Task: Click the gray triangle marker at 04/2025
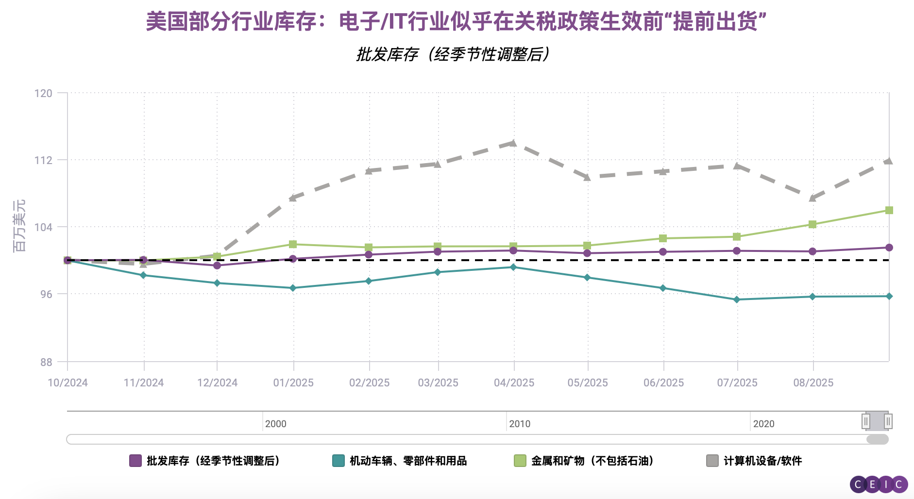(x=513, y=143)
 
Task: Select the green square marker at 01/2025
(x=293, y=244)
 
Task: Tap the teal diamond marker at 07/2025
(x=737, y=299)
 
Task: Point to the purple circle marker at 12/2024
(x=217, y=266)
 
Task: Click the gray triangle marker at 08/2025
(x=812, y=198)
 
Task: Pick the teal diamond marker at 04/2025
(x=513, y=267)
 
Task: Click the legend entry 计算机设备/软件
(x=762, y=461)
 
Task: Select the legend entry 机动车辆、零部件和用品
(x=407, y=461)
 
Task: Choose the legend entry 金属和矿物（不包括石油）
(x=592, y=461)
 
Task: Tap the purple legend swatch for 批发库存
(x=135, y=461)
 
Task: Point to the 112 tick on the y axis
(x=43, y=160)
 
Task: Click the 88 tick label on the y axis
(x=46, y=362)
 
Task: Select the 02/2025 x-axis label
(x=369, y=383)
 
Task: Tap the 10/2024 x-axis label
(x=68, y=383)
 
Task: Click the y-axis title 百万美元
(x=19, y=226)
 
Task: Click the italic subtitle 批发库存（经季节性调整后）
(x=453, y=54)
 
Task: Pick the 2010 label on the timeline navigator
(x=520, y=424)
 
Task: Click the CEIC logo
(x=879, y=484)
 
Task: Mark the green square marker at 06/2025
(x=663, y=238)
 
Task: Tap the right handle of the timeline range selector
(x=888, y=421)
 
